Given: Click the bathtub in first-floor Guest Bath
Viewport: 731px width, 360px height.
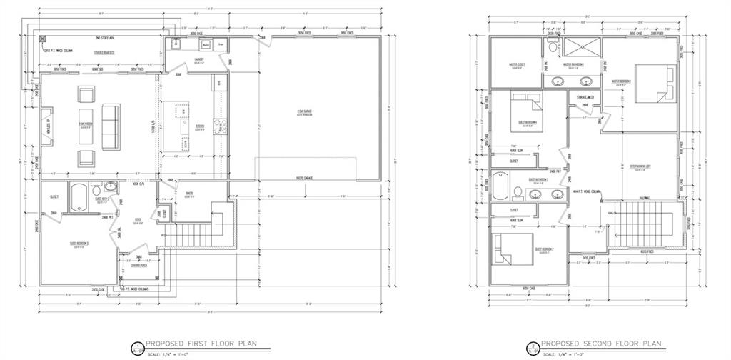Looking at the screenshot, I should click(x=78, y=196).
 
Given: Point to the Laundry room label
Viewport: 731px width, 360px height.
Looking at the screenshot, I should click(x=199, y=60).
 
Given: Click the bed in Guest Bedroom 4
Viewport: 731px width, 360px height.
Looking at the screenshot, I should click(x=527, y=114).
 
